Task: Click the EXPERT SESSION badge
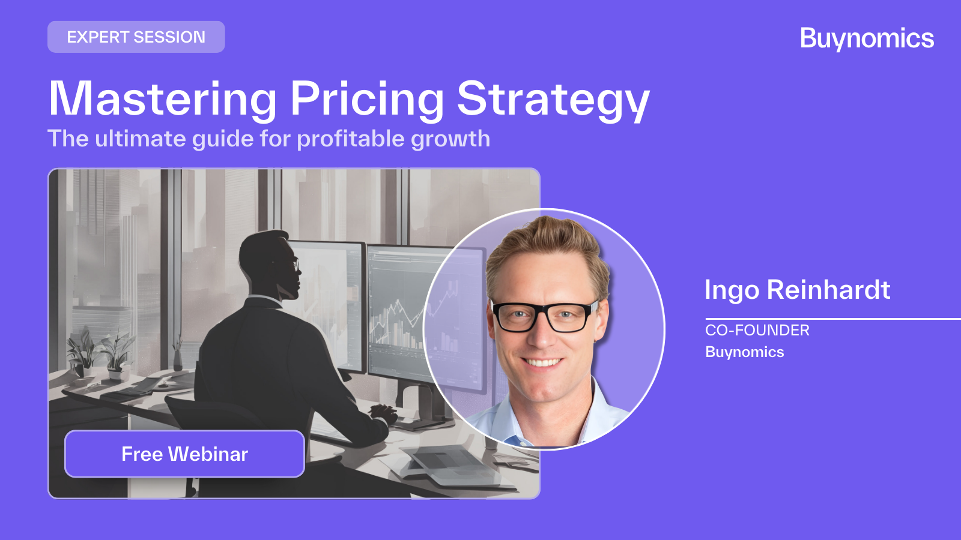click(x=136, y=37)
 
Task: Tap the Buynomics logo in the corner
click(x=867, y=39)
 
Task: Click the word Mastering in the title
click(x=163, y=99)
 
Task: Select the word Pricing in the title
click(x=367, y=99)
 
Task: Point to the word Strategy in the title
click(x=553, y=99)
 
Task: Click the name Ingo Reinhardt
click(x=797, y=290)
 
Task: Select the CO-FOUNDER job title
click(x=757, y=330)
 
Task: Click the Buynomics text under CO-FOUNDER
click(x=744, y=352)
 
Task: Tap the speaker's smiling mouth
click(x=542, y=362)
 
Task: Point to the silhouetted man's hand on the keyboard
click(x=383, y=413)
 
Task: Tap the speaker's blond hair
click(x=544, y=240)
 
